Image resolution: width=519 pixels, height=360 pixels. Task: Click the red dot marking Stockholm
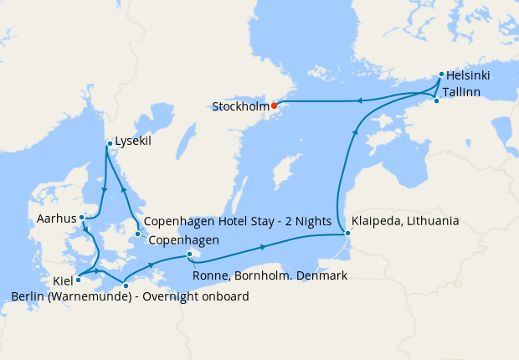click(274, 105)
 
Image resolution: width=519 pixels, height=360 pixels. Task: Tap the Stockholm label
click(240, 107)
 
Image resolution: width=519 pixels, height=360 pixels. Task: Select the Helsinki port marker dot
click(441, 75)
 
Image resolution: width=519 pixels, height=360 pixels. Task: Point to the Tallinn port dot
click(436, 100)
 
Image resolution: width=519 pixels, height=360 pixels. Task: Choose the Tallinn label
click(461, 91)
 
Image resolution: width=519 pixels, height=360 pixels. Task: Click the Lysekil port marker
click(109, 145)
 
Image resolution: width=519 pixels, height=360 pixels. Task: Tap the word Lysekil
click(133, 141)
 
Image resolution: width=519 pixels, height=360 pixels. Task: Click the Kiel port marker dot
click(78, 280)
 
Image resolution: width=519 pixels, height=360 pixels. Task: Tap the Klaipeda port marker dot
click(347, 234)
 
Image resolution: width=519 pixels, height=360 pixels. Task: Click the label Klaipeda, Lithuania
click(405, 222)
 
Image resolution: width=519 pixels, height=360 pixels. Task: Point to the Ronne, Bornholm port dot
click(190, 255)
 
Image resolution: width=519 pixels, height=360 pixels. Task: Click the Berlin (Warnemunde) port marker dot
click(126, 286)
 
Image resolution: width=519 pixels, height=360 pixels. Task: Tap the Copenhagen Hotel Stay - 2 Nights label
click(239, 223)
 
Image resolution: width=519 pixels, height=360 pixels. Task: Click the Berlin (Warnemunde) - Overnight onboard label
click(130, 296)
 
